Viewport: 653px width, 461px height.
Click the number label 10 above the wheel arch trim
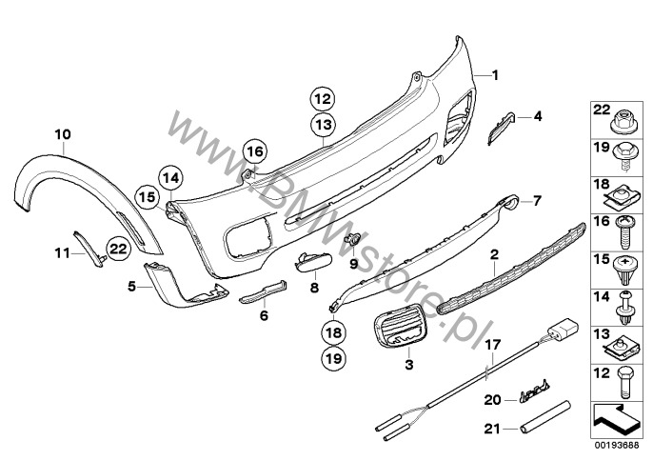tap(62, 134)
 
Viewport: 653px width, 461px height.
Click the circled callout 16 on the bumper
tap(254, 150)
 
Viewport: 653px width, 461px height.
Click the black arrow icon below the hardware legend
tap(613, 416)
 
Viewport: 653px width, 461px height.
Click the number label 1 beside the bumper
tap(494, 73)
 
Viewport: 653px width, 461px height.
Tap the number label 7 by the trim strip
tap(536, 201)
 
